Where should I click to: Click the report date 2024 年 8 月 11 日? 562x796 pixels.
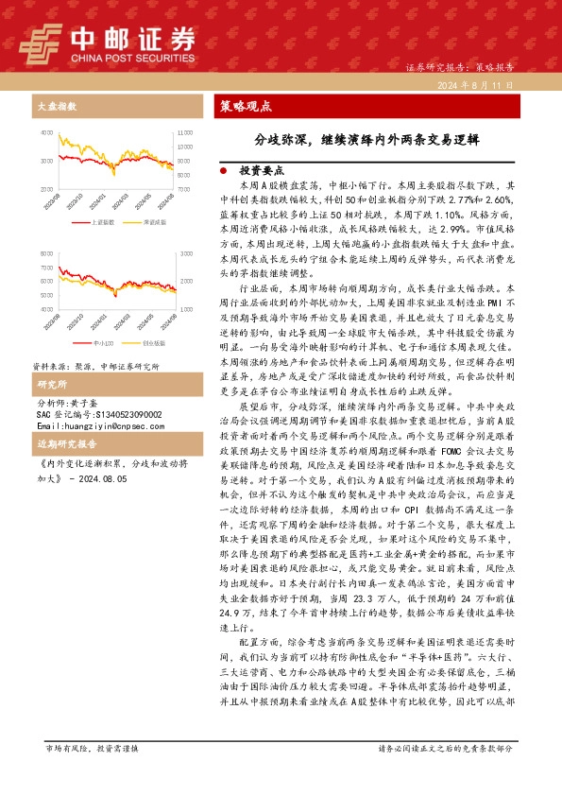click(x=474, y=85)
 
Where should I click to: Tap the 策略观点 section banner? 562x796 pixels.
click(x=246, y=106)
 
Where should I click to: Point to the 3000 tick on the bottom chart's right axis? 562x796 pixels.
click(x=186, y=255)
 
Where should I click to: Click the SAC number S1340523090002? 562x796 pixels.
click(x=103, y=414)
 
